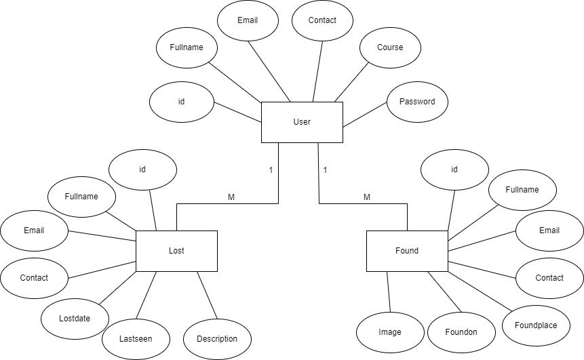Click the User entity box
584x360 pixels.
pos(302,122)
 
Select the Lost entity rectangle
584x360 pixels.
pos(176,251)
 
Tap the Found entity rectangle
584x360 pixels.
pos(407,251)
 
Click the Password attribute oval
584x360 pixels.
pos(417,102)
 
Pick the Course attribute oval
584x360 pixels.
pos(390,47)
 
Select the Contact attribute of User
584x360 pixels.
pos(322,20)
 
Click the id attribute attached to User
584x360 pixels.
pos(181,102)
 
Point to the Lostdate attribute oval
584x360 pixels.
pos(75,318)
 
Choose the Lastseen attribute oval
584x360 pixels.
pos(136,338)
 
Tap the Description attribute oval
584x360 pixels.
pos(217,338)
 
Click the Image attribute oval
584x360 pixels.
pos(390,332)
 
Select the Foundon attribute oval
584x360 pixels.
pos(461,332)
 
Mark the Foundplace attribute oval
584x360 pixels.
pos(536,325)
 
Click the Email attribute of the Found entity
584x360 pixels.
pos(549,231)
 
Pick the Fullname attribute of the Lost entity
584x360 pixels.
pos(81,197)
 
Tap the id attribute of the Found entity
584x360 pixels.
pos(454,169)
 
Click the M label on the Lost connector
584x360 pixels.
pos(231,197)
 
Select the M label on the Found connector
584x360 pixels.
pos(367,197)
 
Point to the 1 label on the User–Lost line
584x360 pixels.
pos(271,169)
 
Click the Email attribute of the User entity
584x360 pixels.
pos(248,20)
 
